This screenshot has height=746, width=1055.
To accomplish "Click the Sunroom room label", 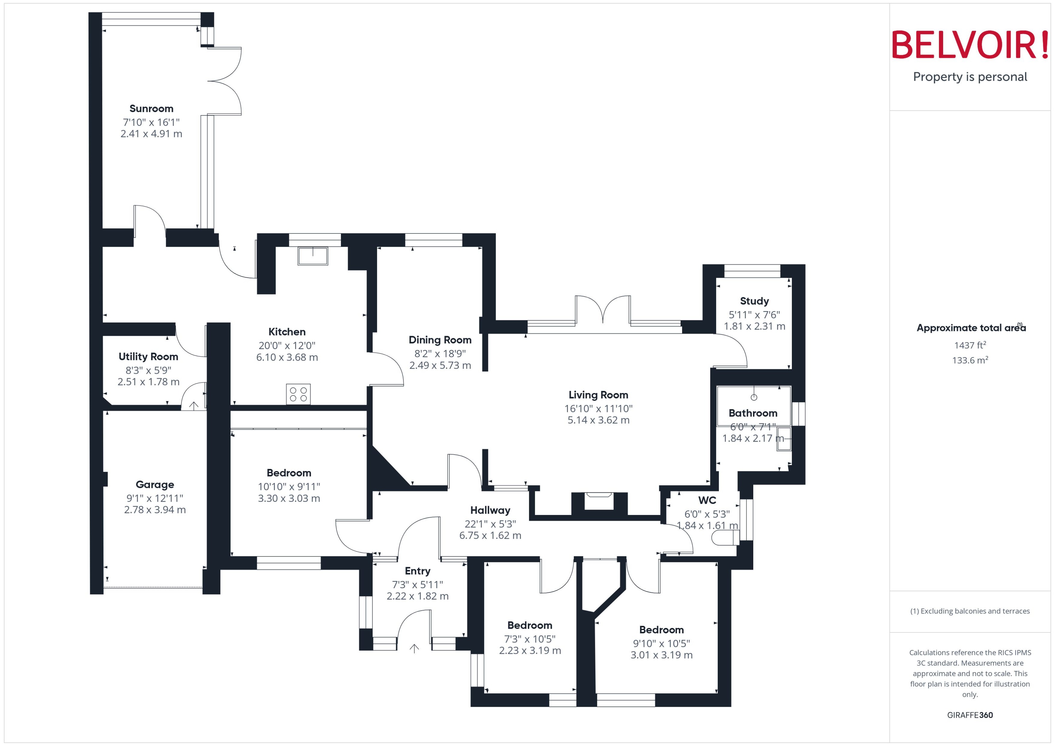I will (x=151, y=109).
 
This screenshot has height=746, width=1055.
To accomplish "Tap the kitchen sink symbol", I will (x=313, y=256).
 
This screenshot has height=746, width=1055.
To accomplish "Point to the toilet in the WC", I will (x=725, y=538).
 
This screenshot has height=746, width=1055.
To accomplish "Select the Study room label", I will (x=754, y=301).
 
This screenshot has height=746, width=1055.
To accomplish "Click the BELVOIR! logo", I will (x=970, y=45).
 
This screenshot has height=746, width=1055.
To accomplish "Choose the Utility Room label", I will (x=148, y=357).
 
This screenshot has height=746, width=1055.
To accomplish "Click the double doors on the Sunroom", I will (x=225, y=81).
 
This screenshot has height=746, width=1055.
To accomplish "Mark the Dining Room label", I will (x=440, y=340).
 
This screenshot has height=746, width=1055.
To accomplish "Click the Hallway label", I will (x=490, y=510).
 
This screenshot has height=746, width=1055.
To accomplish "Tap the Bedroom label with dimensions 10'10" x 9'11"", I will (x=289, y=473).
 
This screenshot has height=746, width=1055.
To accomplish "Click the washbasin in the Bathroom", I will (x=783, y=439).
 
